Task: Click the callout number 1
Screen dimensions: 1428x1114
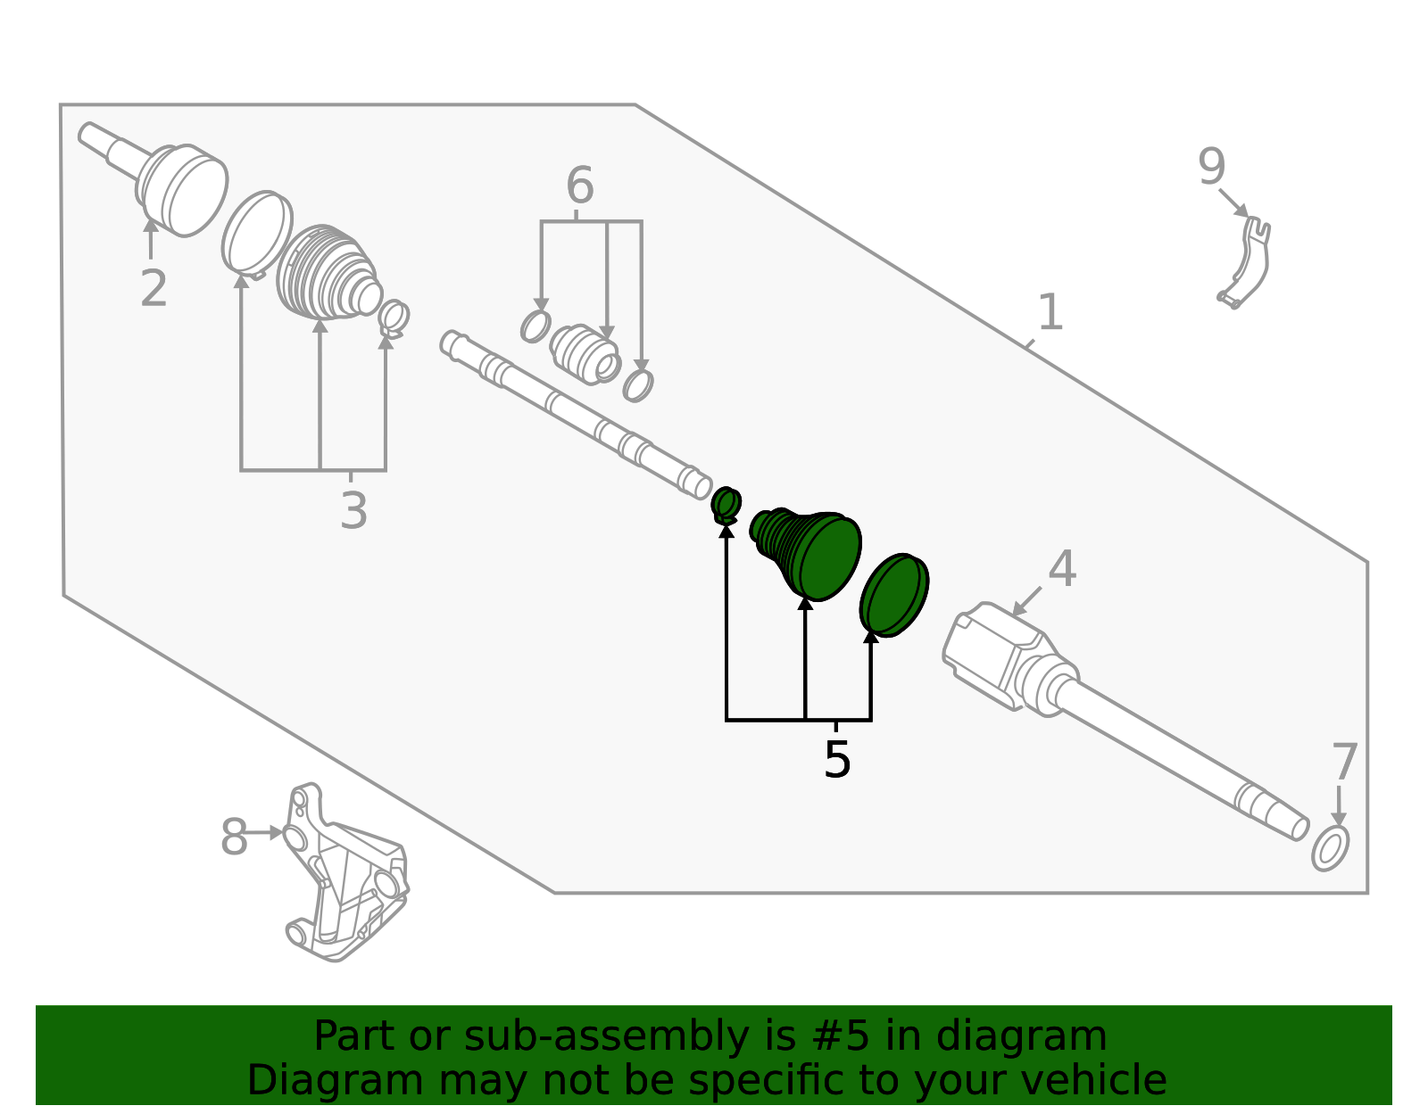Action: click(1050, 312)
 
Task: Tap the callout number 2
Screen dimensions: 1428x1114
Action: click(154, 288)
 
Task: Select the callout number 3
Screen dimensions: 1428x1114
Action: click(353, 511)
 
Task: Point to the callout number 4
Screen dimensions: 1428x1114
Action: click(1062, 569)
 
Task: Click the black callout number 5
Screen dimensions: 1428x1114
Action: click(837, 760)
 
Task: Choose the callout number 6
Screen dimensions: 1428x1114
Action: click(579, 186)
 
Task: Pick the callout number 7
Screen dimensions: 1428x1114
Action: click(1344, 763)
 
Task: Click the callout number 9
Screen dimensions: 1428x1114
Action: click(1211, 167)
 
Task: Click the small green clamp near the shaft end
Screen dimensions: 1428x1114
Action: click(726, 506)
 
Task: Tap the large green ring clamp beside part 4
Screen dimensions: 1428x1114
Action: click(894, 595)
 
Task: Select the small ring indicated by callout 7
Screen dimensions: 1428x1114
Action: click(1330, 848)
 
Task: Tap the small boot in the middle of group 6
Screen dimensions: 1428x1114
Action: click(585, 354)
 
